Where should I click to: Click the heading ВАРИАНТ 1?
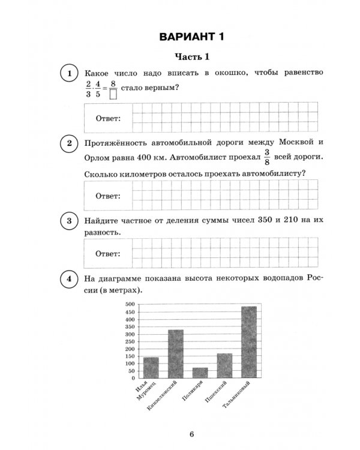click(191, 37)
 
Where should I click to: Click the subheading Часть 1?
click(191, 57)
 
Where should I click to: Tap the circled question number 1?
click(70, 74)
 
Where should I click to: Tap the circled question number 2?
click(70, 143)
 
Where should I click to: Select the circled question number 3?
click(70, 221)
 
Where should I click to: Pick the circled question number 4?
click(70, 279)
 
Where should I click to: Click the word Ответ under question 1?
click(108, 118)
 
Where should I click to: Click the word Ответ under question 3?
click(108, 254)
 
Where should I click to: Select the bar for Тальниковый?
click(249, 342)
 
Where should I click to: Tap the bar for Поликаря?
click(200, 373)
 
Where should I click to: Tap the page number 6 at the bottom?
click(191, 434)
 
